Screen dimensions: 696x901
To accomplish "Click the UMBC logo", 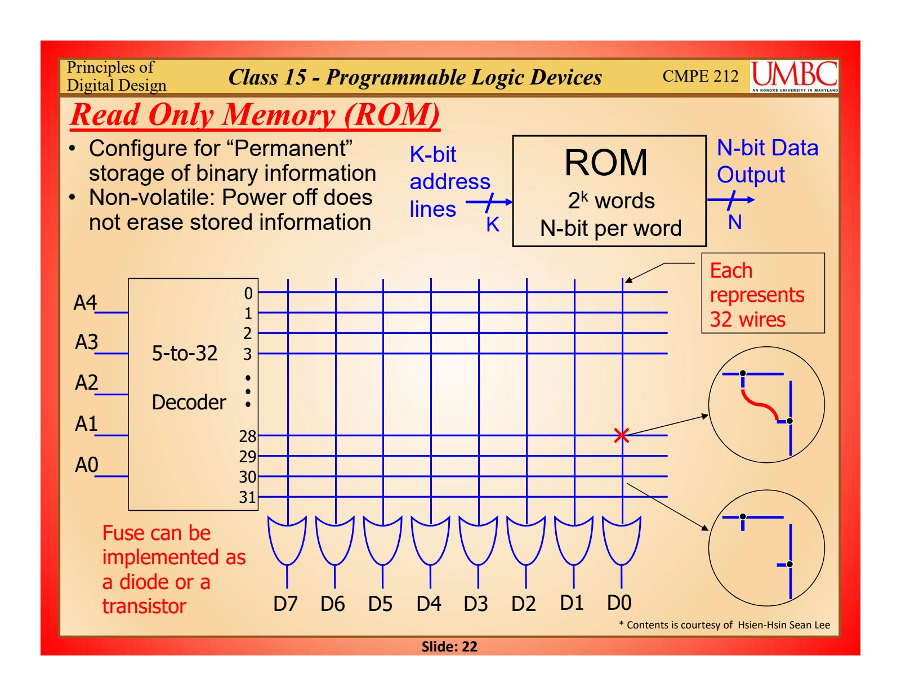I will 794,76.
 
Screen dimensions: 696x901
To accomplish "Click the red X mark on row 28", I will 621,435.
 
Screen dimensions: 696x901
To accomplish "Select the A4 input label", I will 85,303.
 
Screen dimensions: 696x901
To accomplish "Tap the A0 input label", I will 87,465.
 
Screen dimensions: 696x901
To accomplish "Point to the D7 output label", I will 285,604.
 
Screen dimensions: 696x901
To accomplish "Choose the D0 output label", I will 619,603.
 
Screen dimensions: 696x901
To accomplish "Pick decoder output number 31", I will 248,497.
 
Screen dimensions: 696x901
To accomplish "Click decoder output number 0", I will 248,293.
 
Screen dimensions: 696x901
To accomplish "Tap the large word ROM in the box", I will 606,163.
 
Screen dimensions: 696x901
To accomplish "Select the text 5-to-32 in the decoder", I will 185,354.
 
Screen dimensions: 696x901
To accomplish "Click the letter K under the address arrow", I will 493,225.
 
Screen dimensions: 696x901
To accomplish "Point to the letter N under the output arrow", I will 734,223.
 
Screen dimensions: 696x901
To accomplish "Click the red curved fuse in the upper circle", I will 760,405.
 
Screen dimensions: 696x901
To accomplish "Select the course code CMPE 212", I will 700,76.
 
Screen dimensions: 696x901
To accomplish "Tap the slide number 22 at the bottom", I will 470,646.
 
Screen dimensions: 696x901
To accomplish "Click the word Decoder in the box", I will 189,403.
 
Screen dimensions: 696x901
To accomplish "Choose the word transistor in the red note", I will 144,606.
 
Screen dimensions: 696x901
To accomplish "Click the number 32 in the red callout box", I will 721,320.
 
